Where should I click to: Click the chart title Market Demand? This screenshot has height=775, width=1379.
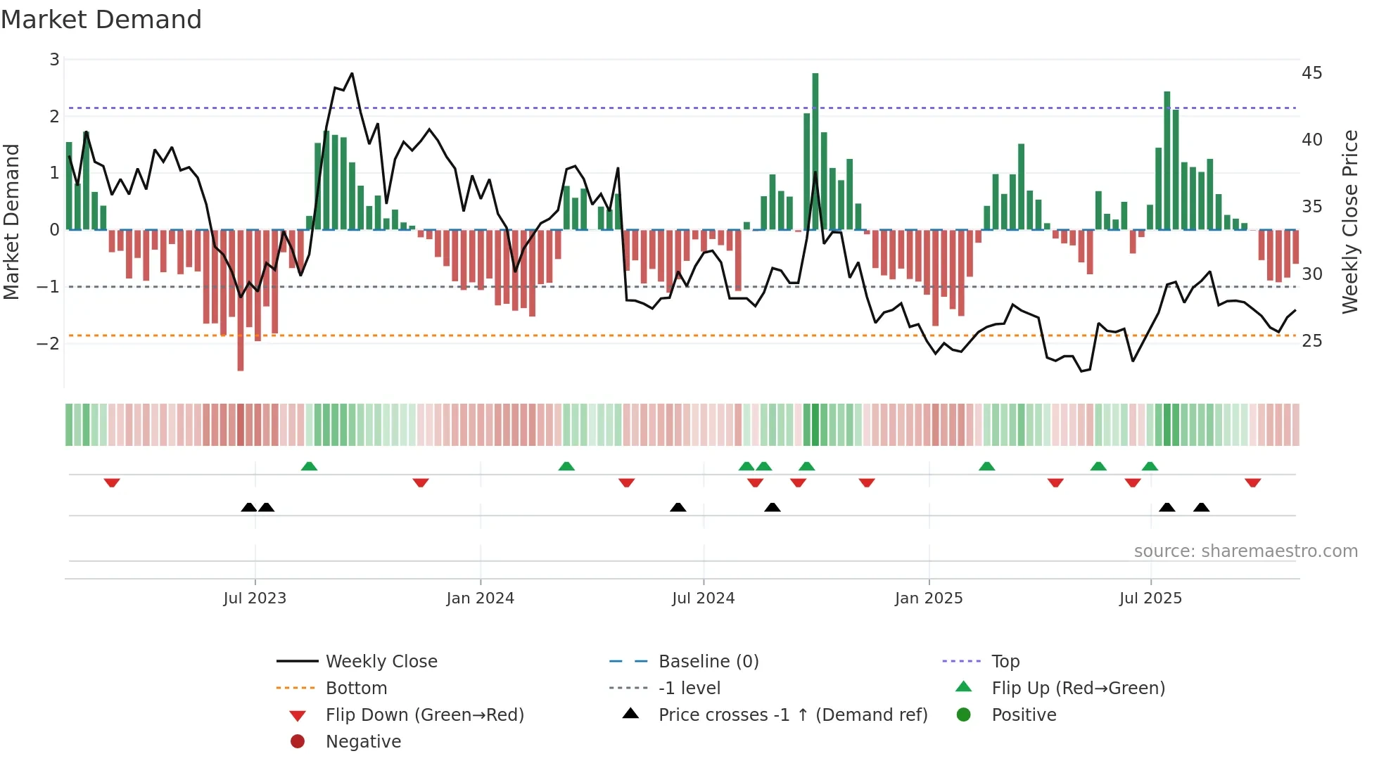(x=101, y=20)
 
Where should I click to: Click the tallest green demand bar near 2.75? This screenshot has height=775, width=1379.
(x=815, y=151)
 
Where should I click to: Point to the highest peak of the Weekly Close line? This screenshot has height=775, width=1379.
(x=352, y=74)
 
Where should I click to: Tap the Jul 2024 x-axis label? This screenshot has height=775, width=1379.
(x=703, y=598)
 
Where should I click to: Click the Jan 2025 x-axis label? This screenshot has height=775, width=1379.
(x=929, y=598)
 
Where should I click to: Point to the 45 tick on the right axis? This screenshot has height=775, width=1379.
(x=1311, y=73)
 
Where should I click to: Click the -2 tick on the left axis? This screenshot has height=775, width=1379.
(x=48, y=344)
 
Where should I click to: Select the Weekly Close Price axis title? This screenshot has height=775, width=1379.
(x=1349, y=222)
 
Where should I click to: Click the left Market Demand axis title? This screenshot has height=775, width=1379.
(x=12, y=222)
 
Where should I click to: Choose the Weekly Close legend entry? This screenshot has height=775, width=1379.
(x=381, y=662)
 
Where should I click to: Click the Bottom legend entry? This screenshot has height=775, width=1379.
(x=356, y=688)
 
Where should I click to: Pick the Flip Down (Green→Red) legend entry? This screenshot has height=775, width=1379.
(x=424, y=715)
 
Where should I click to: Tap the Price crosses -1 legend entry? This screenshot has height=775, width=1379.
(x=792, y=715)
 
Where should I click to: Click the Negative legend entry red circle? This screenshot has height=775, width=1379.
(x=298, y=742)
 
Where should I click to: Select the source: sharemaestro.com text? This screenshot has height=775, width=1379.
(x=1245, y=551)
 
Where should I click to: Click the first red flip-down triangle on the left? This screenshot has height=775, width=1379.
(x=112, y=483)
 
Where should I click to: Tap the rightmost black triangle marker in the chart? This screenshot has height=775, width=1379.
(x=1202, y=507)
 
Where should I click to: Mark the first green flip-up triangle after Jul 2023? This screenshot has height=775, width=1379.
(x=309, y=466)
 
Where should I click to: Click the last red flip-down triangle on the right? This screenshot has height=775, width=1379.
(x=1252, y=483)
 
